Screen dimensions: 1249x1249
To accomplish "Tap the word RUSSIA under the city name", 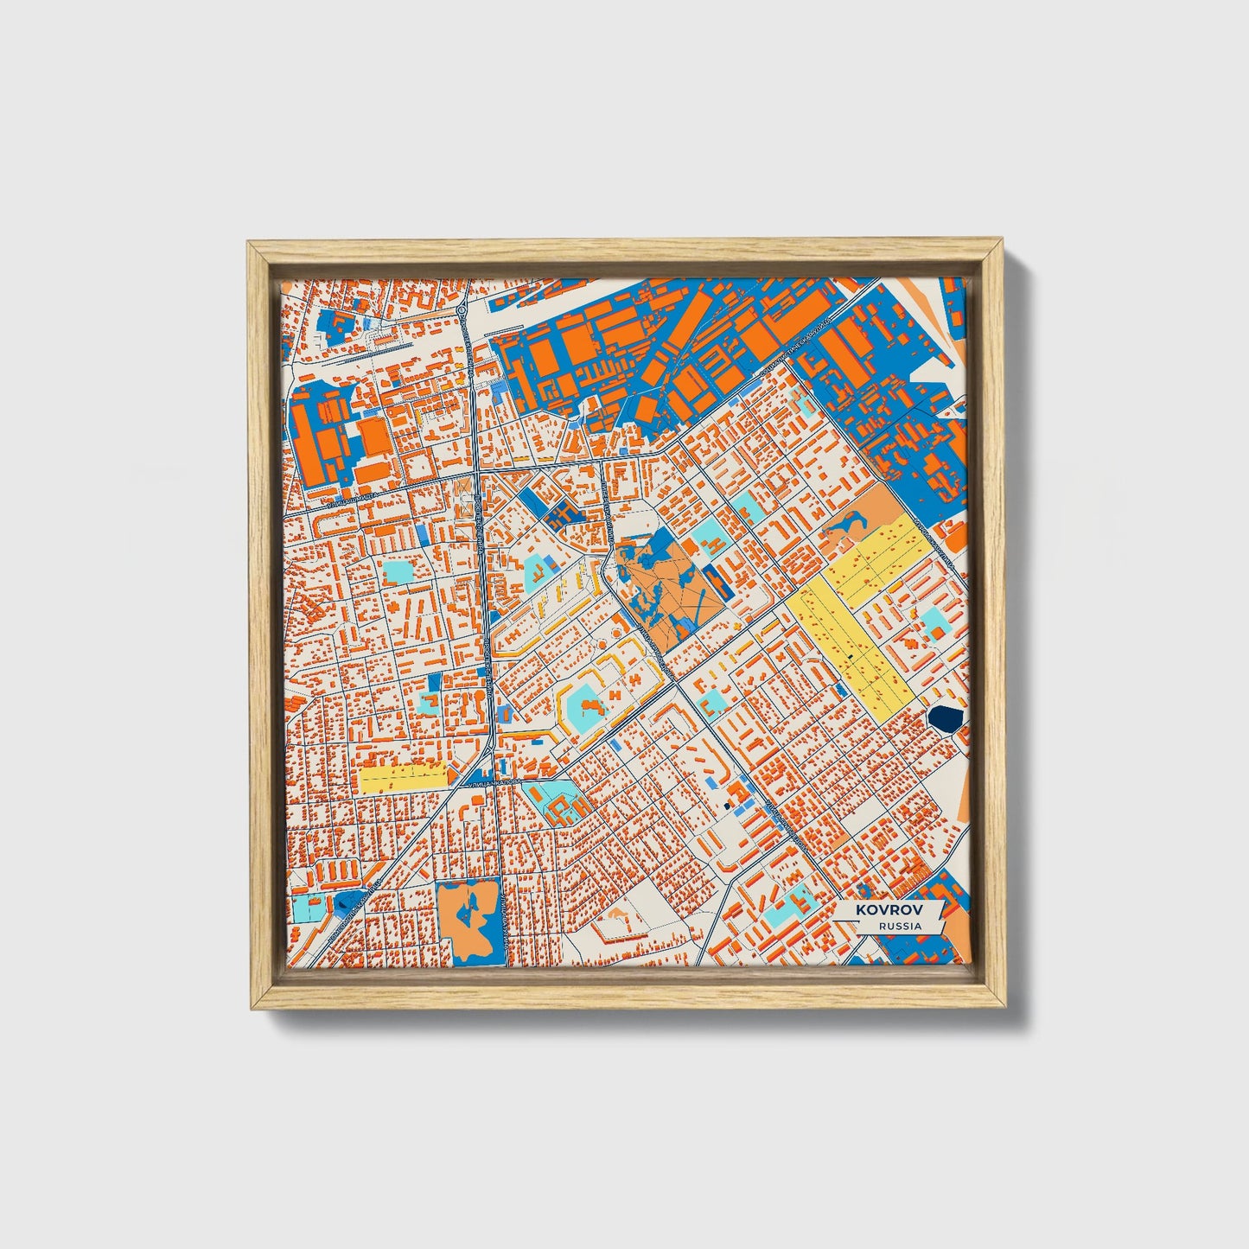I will point(899,926).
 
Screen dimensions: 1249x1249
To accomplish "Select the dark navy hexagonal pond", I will point(946,717).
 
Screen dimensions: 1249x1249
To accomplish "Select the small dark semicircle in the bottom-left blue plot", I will point(344,902).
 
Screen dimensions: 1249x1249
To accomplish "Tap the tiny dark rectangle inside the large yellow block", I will point(851,657).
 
